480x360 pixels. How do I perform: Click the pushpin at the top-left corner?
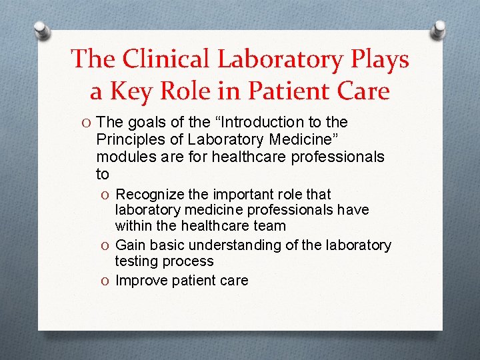pos(42,30)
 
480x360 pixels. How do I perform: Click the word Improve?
pos(142,281)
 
